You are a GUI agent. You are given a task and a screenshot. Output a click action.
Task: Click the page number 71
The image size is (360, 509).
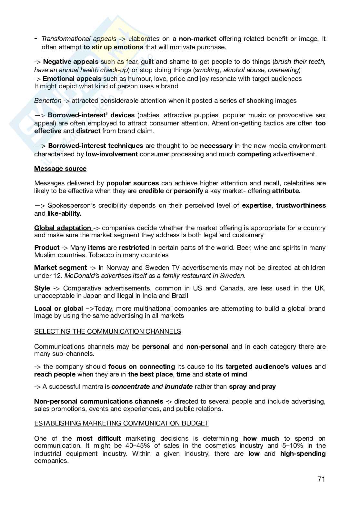(321, 479)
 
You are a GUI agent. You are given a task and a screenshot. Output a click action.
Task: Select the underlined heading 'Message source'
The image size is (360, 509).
(60, 169)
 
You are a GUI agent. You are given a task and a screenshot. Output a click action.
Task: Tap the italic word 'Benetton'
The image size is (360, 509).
(48, 101)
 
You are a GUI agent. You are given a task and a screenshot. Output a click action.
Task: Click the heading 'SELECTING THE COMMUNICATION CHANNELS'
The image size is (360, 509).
(107, 331)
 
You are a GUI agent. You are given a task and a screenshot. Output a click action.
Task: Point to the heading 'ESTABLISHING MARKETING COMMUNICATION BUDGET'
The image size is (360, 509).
(121, 423)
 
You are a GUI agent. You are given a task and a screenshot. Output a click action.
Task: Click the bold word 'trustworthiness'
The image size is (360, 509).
(301, 205)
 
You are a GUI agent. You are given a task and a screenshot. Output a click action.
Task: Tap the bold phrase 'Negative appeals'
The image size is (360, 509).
(71, 62)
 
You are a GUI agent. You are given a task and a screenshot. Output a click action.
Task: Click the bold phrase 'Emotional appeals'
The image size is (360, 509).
(72, 79)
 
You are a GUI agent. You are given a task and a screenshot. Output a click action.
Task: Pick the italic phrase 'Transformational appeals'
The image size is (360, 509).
(79, 39)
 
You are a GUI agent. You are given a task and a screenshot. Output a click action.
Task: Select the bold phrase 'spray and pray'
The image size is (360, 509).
(252, 387)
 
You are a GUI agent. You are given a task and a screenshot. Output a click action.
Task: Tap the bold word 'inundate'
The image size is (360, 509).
(178, 387)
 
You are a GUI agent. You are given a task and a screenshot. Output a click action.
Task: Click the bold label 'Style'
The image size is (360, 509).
(42, 288)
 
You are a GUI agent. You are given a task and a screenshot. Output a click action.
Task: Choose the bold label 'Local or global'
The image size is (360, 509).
(58, 308)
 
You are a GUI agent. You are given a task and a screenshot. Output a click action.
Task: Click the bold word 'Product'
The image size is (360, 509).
(47, 248)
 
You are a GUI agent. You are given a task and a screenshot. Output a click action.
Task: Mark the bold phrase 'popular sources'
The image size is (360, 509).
(132, 183)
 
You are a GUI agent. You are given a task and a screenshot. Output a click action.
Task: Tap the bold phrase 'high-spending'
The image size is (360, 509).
(303, 454)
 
